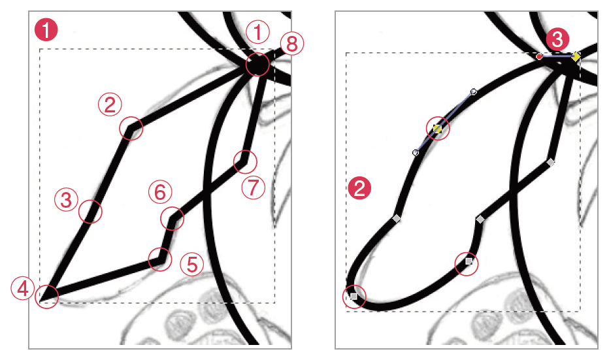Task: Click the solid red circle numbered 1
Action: pos(46,30)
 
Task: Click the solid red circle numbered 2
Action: pos(359,188)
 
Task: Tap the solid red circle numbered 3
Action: pos(557,40)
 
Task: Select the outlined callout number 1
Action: pos(258,32)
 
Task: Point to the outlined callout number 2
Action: pos(110,104)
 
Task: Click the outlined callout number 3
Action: pos(67,200)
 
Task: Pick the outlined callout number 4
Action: pos(23,288)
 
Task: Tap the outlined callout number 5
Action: pos(192,264)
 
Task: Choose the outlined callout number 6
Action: pos(160,192)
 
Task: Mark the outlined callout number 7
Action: pos(254,188)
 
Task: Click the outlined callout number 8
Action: pos(292,44)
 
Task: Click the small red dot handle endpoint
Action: pos(539,57)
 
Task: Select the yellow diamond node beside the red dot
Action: pos(576,57)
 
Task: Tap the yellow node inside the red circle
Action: pos(438,129)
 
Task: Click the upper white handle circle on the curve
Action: pos(474,92)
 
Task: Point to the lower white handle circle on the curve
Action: pos(416,153)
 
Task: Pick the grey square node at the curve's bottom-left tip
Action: pos(354,297)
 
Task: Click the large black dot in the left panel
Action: pos(257,65)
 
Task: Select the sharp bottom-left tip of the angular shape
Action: pos(40,300)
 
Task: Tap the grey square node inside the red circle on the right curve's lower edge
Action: pos(469,261)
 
